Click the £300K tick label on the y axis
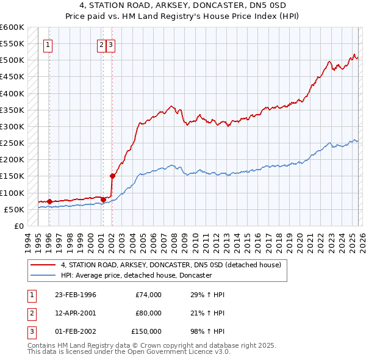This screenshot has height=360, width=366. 12,126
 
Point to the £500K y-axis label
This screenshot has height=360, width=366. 12,60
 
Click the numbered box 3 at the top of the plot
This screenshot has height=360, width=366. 110,44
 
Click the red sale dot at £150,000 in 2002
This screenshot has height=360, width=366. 112,176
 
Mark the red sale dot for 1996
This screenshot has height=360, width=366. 49,201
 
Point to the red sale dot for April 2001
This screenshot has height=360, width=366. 103,199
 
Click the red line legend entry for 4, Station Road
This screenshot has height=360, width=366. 171,265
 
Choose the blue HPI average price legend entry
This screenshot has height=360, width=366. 136,276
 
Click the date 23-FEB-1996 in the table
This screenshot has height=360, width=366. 75,295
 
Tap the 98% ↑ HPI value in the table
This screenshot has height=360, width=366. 208,331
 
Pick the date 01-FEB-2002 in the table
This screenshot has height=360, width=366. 75,331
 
